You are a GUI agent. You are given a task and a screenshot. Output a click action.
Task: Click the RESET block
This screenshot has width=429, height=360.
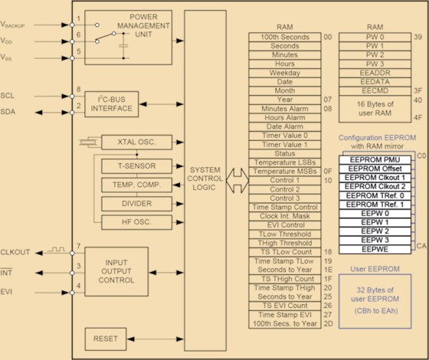106,339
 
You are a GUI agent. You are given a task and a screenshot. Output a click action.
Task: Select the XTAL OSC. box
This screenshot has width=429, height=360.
136,142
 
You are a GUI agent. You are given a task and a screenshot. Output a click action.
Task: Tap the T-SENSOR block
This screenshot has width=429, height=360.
136,166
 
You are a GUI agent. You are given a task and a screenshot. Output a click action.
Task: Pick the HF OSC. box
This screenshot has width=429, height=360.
136,222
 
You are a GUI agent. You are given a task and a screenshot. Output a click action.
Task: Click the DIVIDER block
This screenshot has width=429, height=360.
136,204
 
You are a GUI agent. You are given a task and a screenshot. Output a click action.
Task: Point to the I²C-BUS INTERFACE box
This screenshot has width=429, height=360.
111,104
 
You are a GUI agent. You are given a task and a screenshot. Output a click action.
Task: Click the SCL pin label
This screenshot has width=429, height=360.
8,96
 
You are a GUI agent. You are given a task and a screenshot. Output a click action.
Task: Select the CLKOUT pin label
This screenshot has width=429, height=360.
15,252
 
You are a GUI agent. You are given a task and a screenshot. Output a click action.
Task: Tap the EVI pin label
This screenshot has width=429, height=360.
6,292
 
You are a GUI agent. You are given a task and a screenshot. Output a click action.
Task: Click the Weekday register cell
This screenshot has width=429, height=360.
284,73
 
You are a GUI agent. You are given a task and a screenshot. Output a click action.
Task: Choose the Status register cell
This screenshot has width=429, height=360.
284,154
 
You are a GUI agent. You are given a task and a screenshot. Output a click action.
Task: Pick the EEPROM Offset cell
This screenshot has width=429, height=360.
375,169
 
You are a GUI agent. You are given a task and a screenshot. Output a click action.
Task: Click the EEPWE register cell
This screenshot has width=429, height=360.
375,250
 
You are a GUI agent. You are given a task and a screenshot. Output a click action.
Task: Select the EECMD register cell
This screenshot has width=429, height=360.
375,91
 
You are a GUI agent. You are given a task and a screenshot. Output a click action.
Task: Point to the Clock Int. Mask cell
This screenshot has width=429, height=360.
284,216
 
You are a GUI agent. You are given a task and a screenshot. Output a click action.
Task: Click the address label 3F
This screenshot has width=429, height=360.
418,90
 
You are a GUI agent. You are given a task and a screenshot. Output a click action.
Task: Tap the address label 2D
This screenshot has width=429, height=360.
328,323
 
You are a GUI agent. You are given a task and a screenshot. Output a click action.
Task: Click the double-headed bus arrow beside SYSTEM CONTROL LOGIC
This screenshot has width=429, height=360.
237,181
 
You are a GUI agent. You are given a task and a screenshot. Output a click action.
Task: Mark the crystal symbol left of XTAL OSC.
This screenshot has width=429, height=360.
88,142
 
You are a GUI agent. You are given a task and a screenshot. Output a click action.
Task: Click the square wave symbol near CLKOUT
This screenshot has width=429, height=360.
56,250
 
